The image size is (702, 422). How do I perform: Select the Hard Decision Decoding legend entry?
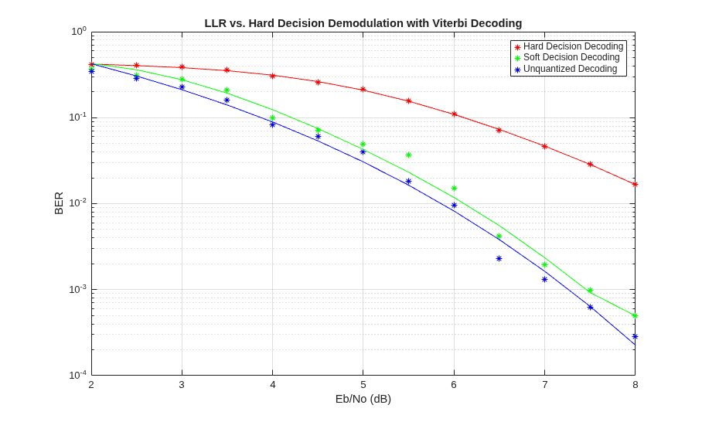569,46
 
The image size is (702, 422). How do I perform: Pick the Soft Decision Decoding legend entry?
567,57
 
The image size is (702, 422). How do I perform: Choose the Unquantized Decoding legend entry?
566,69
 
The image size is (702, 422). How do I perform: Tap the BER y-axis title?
59,203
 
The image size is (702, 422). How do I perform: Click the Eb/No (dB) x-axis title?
363,399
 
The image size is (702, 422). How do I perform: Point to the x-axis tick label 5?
363,384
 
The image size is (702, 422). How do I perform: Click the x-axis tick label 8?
635,384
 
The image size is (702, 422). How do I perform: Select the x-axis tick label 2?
91,384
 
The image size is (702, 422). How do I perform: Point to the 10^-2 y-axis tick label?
78,202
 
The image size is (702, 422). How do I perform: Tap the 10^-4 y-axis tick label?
78,374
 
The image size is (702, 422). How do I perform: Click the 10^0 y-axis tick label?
79,32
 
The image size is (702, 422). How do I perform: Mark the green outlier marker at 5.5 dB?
408,155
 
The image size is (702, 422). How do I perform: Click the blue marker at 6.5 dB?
499,259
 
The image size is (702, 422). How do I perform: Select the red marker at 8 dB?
635,185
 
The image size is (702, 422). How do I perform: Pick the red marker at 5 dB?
363,90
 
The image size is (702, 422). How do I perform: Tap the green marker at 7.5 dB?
590,291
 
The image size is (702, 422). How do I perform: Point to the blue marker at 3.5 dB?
227,100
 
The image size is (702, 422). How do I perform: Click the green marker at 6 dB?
454,189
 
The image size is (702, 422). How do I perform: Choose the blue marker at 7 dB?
544,279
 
